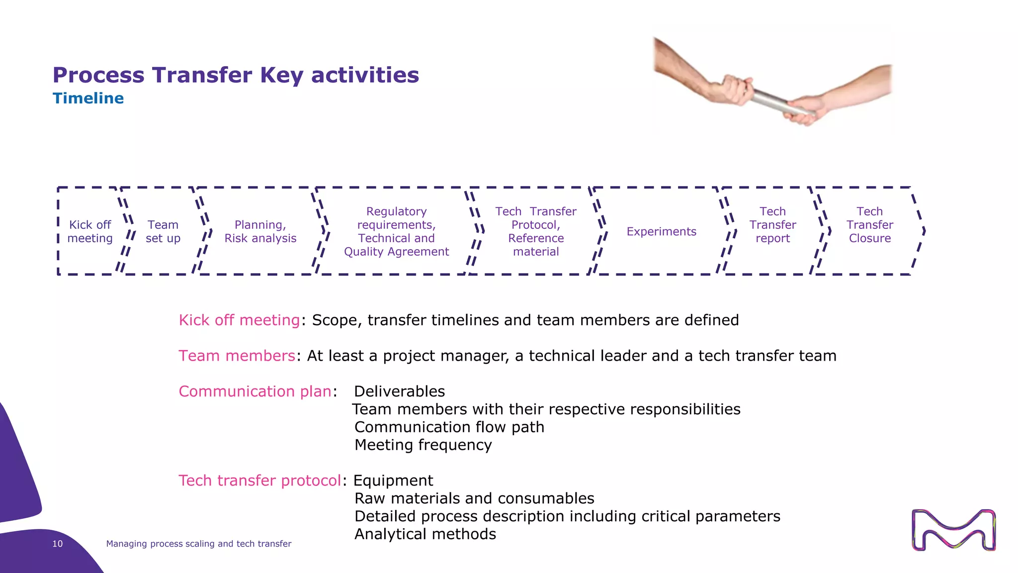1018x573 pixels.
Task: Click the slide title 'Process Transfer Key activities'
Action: point(236,75)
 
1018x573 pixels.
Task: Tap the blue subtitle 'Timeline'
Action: point(88,98)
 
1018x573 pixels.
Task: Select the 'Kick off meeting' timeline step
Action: point(90,231)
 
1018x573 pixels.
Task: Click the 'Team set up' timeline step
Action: point(163,231)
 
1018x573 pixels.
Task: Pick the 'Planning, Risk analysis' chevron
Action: point(260,231)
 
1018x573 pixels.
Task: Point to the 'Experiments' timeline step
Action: point(661,231)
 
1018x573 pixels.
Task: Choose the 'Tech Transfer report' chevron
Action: point(772,225)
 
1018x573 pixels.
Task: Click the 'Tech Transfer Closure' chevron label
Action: point(869,225)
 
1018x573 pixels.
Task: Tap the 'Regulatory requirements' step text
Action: point(396,218)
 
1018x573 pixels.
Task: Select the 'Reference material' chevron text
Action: point(536,245)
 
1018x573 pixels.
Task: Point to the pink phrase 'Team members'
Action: point(237,356)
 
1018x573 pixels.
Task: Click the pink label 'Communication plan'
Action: point(254,391)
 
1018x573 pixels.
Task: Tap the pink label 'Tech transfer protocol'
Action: point(259,480)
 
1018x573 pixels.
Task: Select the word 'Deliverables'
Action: point(399,391)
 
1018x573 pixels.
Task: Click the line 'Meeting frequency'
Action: point(423,445)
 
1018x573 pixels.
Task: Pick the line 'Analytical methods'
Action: point(425,534)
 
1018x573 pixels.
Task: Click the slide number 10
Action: point(58,544)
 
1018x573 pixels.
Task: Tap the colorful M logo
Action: point(953,530)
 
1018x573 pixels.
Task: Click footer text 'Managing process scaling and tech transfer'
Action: point(198,544)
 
